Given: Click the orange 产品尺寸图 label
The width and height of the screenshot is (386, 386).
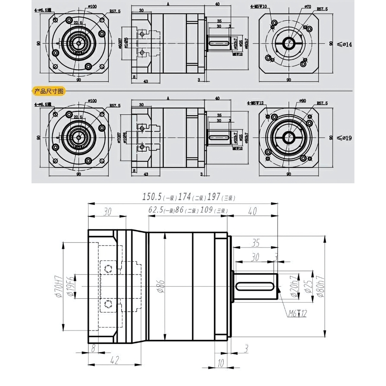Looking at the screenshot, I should [x=49, y=91].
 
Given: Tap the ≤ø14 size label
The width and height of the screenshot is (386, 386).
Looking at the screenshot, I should [x=344, y=44].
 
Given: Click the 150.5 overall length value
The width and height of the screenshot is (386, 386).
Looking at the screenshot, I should [x=152, y=197].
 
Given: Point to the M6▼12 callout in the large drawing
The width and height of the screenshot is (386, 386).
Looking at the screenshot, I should [x=297, y=313].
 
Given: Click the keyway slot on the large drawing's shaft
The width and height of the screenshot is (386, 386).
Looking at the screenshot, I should [x=255, y=286].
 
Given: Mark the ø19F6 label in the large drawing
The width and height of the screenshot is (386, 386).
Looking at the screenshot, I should [x=71, y=286].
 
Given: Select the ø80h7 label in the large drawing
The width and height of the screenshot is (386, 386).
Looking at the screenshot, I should [x=319, y=286].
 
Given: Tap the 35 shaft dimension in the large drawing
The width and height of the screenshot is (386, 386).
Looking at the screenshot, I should [x=256, y=243].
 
